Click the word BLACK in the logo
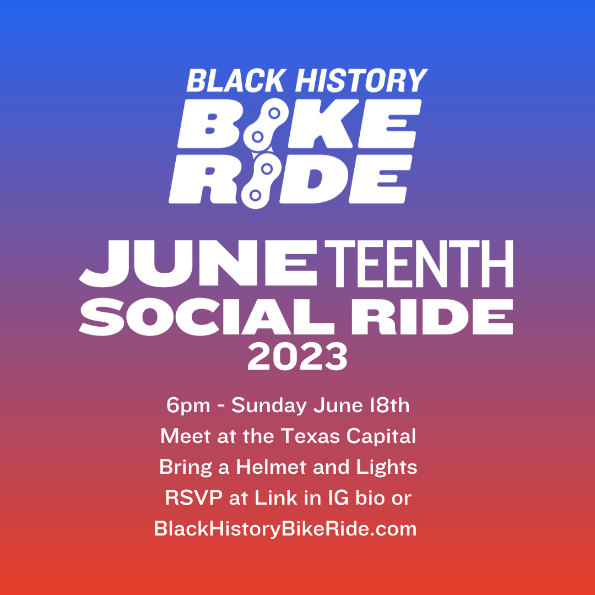click(236, 80)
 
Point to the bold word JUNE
click(198, 263)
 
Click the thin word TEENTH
click(419, 263)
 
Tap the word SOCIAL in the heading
click(207, 317)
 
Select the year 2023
click(297, 357)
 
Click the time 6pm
click(188, 405)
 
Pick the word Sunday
click(269, 406)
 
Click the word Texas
click(310, 436)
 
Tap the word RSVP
click(193, 498)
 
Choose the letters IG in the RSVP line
click(338, 498)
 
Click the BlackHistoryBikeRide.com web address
click(285, 529)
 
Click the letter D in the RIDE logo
click(313, 178)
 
